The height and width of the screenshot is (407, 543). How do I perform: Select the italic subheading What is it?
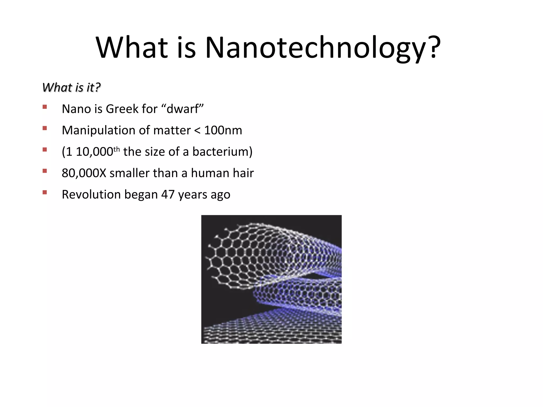click(71, 87)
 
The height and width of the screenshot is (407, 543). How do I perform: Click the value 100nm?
click(223, 130)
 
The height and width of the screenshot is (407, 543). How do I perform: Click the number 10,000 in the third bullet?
click(94, 152)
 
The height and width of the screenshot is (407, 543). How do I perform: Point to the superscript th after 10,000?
click(117, 149)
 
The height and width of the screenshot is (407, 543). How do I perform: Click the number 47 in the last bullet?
click(168, 194)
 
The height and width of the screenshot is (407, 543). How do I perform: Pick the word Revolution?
click(91, 194)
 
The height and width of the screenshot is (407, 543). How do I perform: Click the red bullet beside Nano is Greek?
click(45, 107)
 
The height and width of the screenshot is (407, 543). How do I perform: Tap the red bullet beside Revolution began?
click(45, 192)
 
